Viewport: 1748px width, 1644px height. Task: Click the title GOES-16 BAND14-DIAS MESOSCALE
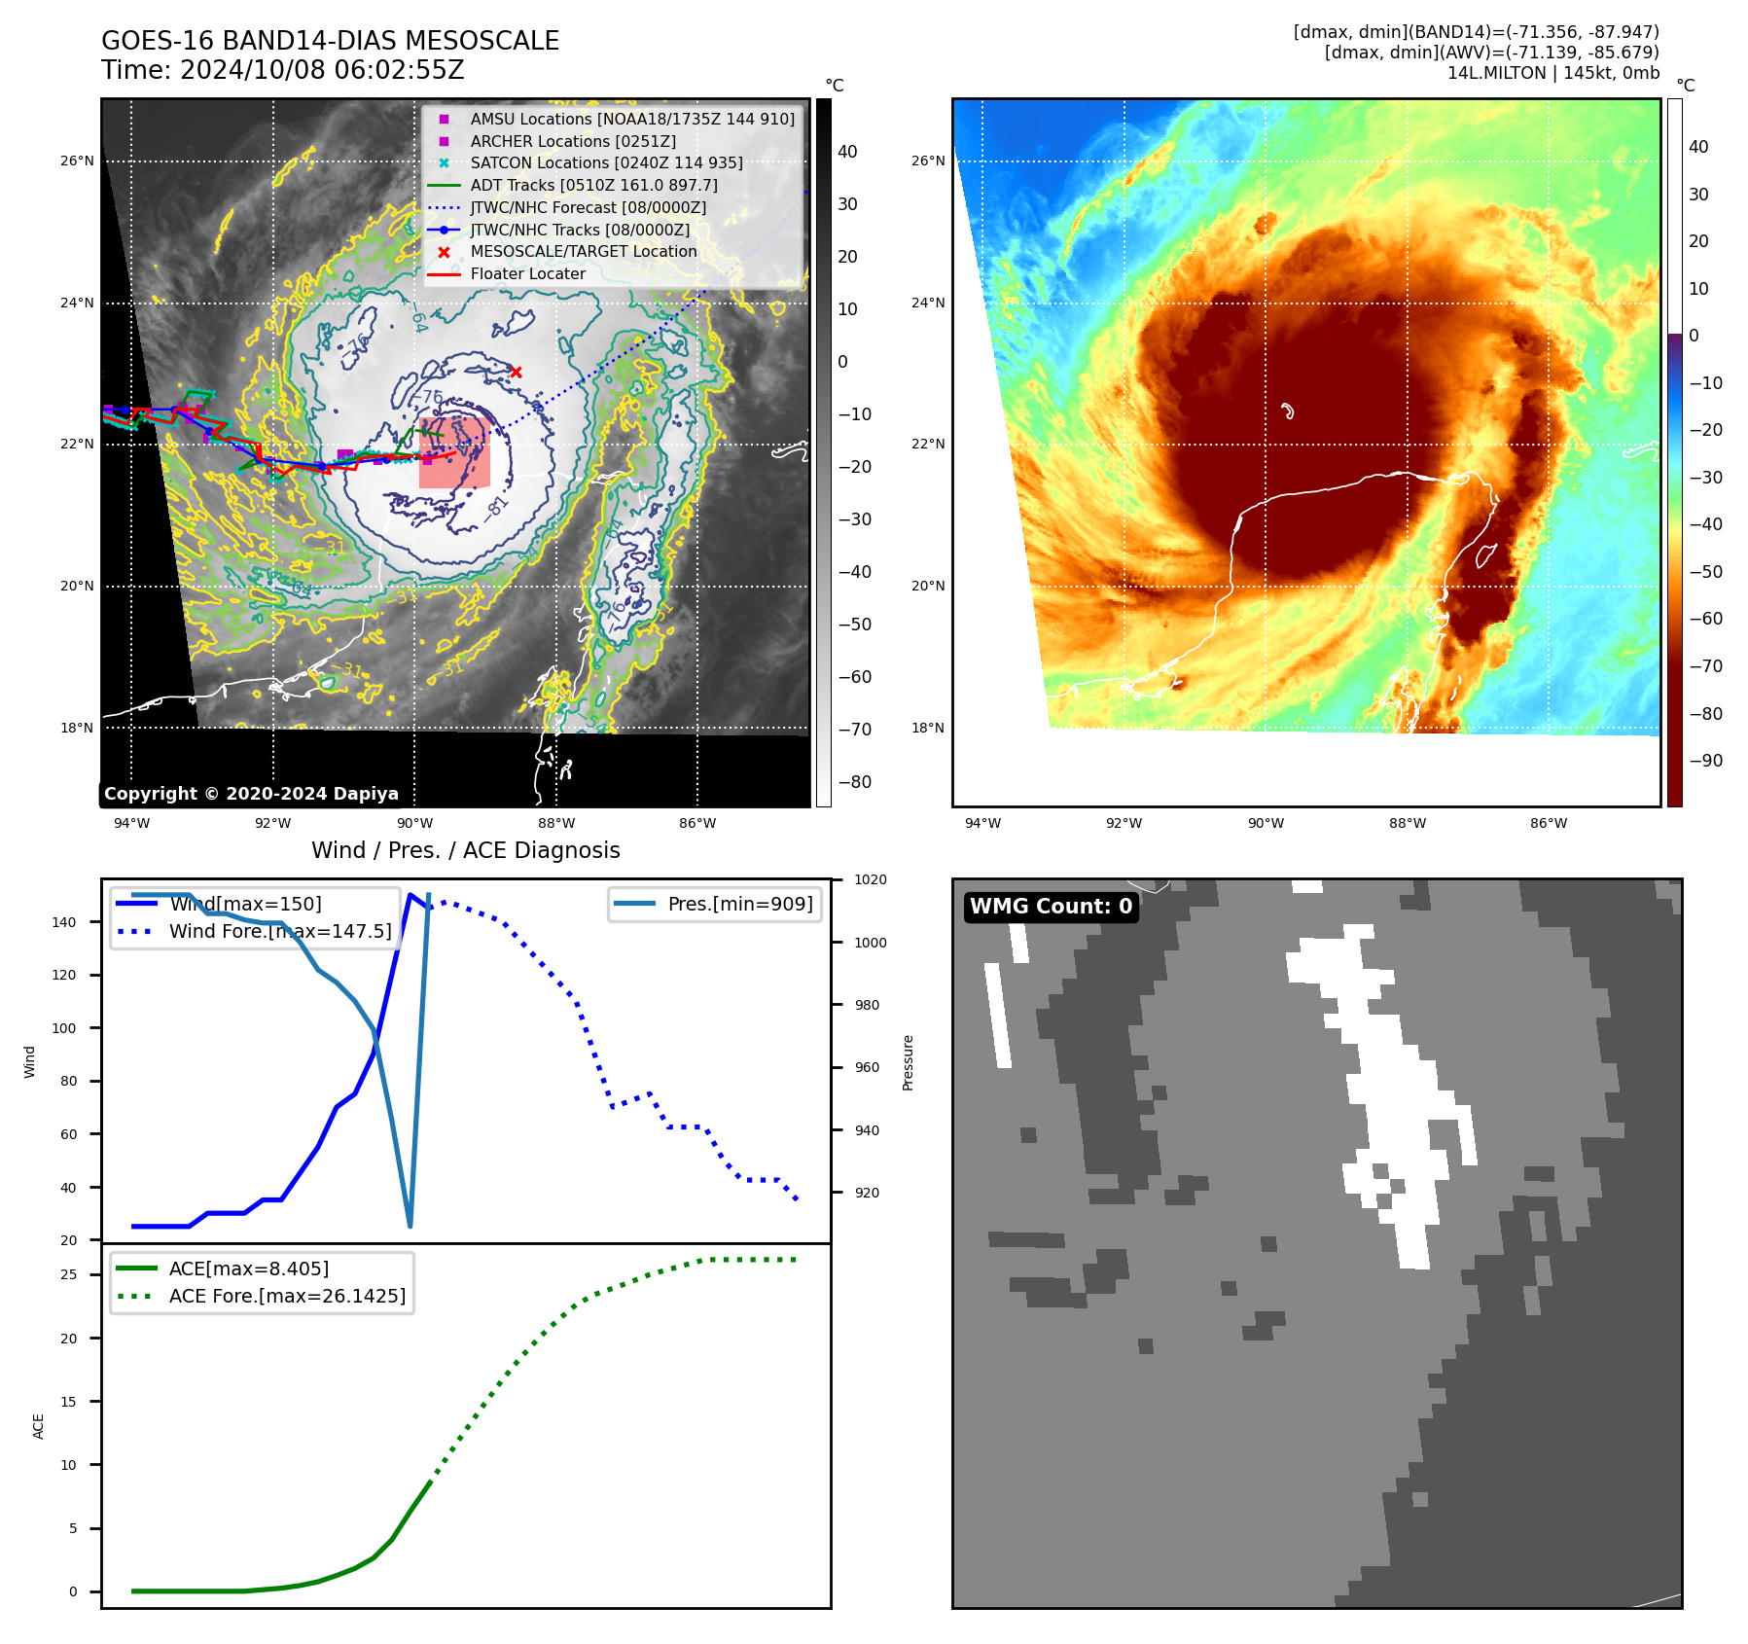(330, 41)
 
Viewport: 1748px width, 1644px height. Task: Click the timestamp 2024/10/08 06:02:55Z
(322, 71)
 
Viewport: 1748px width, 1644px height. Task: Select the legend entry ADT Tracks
(593, 185)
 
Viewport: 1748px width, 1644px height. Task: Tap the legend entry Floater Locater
(527, 274)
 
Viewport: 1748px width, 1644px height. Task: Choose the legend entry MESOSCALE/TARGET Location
(584, 252)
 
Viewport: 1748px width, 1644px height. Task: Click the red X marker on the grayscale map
(516, 373)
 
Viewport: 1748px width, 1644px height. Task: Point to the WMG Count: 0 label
(1051, 907)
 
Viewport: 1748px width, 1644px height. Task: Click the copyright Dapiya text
(251, 794)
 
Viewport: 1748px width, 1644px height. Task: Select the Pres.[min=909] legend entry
(739, 904)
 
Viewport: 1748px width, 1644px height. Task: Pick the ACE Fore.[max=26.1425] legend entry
(287, 1296)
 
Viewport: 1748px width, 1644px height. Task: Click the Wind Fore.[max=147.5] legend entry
(280, 931)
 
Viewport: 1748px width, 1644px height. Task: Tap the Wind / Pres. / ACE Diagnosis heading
(465, 850)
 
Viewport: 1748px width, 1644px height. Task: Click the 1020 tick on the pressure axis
(870, 879)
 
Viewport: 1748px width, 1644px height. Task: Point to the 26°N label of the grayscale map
(77, 161)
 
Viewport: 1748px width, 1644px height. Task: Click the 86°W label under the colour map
(1548, 823)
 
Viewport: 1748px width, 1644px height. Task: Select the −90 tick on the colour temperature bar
(1705, 761)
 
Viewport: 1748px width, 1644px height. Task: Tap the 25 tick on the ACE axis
(69, 1274)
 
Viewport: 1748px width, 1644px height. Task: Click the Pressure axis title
(908, 1062)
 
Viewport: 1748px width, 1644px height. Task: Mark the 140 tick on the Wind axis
(64, 922)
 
